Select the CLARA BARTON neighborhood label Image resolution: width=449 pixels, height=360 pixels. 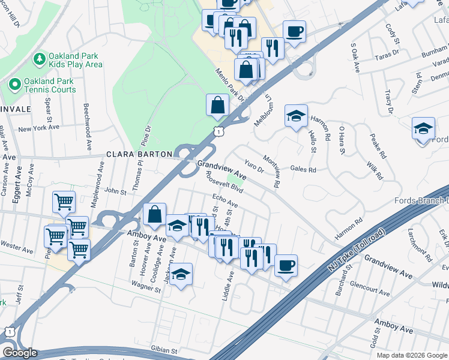click(x=139, y=154)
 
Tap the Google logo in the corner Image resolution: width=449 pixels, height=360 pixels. click(x=20, y=353)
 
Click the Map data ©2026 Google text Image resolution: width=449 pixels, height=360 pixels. click(x=412, y=355)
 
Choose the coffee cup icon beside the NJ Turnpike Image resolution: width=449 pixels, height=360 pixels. click(x=286, y=265)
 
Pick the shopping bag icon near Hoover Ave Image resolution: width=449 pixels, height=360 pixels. click(x=155, y=214)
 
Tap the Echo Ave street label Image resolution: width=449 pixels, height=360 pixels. click(x=225, y=201)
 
